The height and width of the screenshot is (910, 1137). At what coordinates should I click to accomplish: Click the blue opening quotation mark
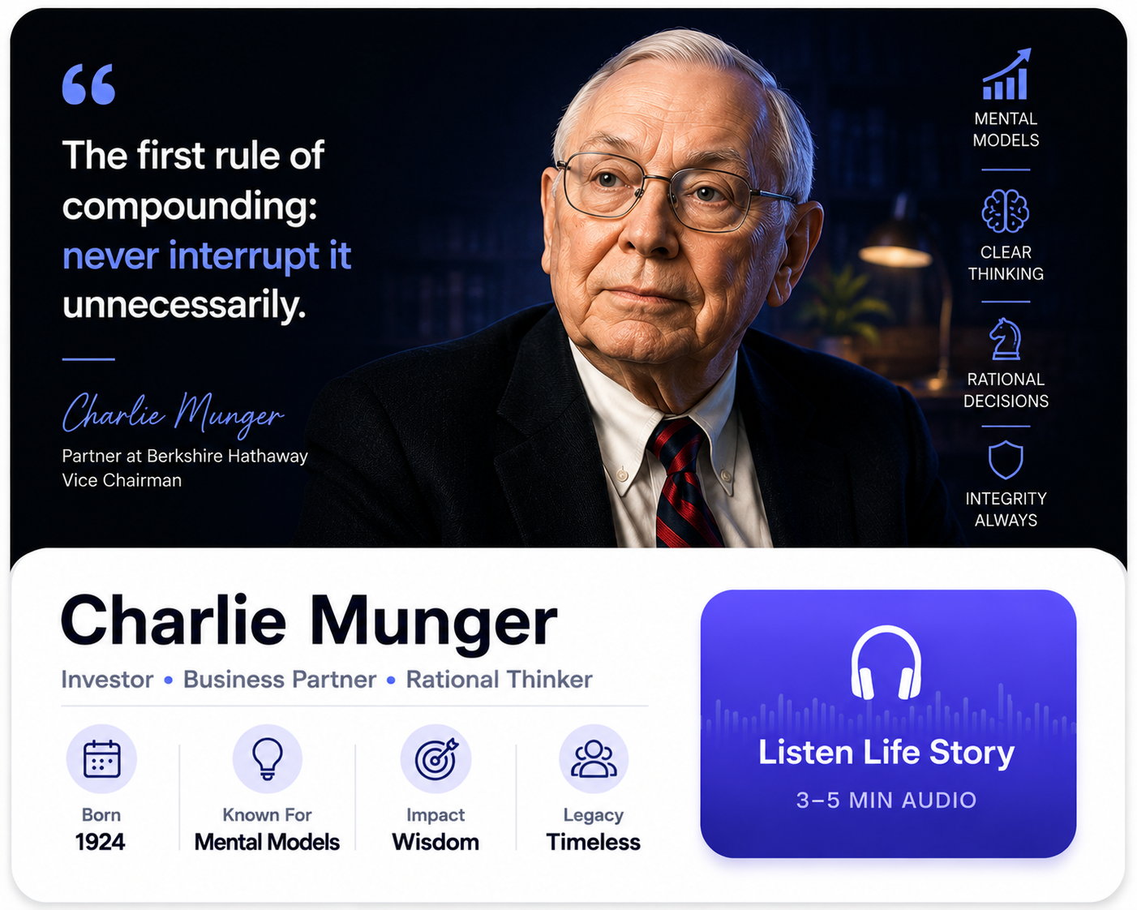(x=88, y=84)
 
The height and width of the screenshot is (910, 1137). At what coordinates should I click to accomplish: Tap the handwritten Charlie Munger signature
(x=174, y=414)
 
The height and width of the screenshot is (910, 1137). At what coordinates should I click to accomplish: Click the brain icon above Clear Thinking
(x=1005, y=211)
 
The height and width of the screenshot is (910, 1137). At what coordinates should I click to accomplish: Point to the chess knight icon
(x=1005, y=339)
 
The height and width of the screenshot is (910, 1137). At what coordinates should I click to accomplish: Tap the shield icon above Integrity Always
(x=1006, y=460)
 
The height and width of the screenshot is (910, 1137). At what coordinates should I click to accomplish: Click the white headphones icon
(x=886, y=663)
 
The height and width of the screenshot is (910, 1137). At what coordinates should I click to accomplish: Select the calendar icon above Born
(x=102, y=759)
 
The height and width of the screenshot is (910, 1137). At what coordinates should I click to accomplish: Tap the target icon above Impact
(x=436, y=759)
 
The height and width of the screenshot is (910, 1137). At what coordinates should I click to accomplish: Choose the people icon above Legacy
(x=594, y=759)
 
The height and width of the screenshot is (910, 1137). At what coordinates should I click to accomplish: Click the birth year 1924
(x=101, y=842)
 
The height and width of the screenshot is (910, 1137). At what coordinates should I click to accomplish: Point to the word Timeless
(x=594, y=842)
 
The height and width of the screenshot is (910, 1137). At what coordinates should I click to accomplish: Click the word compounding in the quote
(x=190, y=207)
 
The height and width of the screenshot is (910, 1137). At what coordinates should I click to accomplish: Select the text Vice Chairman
(x=122, y=480)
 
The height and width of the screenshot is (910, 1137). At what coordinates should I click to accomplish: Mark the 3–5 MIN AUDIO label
(x=886, y=800)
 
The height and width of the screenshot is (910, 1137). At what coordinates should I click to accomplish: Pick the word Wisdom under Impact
(x=435, y=842)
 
